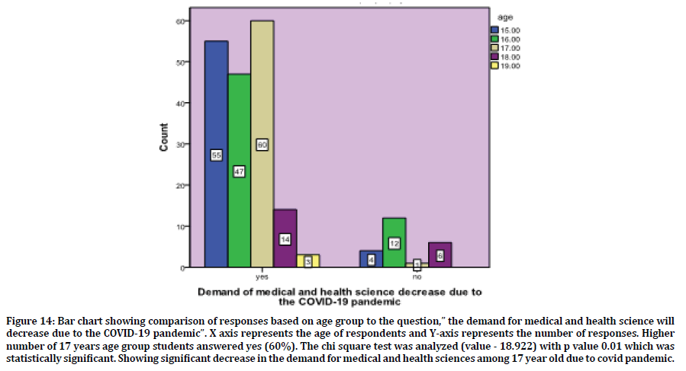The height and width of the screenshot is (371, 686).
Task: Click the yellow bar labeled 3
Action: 308,261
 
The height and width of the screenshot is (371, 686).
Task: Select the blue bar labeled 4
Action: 371,259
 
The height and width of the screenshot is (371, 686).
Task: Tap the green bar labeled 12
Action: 394,243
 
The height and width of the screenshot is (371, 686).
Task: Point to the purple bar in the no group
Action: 440,255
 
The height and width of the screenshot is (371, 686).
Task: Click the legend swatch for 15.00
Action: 494,30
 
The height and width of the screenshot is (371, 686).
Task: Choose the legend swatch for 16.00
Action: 494,39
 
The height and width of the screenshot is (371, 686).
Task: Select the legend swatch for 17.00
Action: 494,48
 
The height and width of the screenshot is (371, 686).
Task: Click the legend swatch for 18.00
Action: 494,56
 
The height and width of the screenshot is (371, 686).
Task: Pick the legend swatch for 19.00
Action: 494,66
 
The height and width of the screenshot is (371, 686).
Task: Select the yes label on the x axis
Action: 262,277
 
